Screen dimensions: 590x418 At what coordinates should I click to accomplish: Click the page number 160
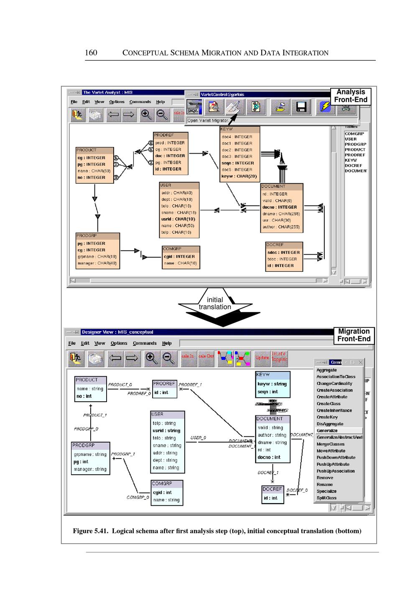[x=91, y=53]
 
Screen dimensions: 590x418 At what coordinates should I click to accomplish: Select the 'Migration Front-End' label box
[x=354, y=335]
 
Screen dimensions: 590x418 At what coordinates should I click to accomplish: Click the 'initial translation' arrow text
[x=215, y=304]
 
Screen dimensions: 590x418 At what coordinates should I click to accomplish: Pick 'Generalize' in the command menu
[x=327, y=430]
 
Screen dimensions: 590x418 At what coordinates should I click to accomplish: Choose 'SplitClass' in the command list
[x=326, y=498]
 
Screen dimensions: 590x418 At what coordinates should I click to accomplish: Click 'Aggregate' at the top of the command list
[x=326, y=370]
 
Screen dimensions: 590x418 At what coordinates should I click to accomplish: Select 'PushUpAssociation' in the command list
[x=336, y=471]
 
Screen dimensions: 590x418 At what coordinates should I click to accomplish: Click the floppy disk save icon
[x=301, y=107]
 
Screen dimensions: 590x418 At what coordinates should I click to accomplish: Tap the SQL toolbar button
[x=194, y=107]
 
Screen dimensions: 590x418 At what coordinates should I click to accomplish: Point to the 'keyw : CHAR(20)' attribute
[x=239, y=176]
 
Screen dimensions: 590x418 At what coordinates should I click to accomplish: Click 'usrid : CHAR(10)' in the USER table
[x=178, y=219]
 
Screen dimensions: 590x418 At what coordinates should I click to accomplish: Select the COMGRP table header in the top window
[x=172, y=249]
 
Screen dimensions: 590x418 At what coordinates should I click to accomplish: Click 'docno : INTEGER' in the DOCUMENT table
[x=280, y=207]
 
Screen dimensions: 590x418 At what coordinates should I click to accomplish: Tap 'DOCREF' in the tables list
[x=353, y=165]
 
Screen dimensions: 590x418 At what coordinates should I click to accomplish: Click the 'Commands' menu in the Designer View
[x=145, y=343]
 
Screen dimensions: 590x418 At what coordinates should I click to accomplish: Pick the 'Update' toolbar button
[x=262, y=358]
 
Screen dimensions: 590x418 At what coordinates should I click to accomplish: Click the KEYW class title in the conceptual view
[x=263, y=375]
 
